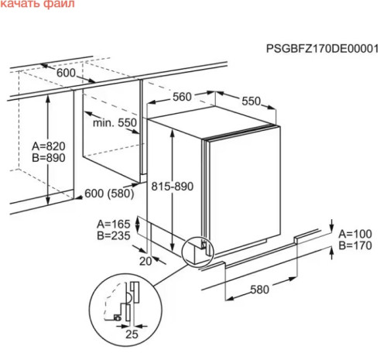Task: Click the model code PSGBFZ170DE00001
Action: [322, 49]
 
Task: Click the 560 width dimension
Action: [182, 97]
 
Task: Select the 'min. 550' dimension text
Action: [115, 122]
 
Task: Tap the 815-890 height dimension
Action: [173, 187]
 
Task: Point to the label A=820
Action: [49, 146]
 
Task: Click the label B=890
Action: [49, 158]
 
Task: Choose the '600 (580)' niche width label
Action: [109, 194]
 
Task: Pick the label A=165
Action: [114, 224]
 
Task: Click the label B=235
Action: [114, 235]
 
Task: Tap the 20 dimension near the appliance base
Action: [146, 262]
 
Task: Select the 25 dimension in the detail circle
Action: [132, 334]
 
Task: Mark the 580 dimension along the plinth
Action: [260, 290]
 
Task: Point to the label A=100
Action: [355, 234]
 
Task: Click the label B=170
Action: [355, 245]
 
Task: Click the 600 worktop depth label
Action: [66, 73]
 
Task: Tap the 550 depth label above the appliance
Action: [252, 101]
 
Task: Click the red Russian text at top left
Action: [37, 4]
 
